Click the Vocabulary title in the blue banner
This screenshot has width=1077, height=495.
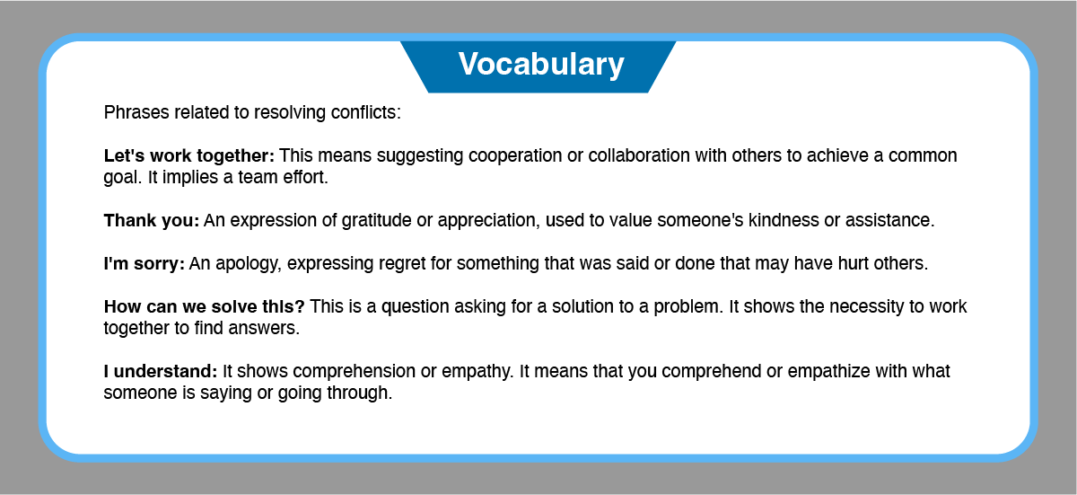(541, 64)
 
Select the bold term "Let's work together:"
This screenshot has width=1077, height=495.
(189, 155)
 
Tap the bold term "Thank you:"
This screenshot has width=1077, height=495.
(152, 220)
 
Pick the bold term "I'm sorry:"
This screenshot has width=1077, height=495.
(144, 263)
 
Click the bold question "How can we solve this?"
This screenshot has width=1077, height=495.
(205, 306)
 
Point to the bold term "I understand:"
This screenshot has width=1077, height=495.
(161, 371)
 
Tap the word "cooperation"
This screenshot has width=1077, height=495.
(515, 156)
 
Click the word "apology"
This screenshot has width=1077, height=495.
(246, 264)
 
